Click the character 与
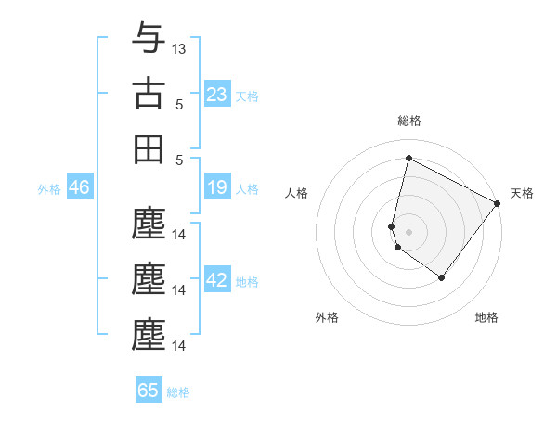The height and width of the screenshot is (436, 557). pos(149,40)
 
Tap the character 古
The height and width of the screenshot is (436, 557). pos(149,94)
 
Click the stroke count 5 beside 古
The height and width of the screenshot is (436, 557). pos(180,105)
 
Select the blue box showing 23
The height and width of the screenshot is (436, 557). pos(217,95)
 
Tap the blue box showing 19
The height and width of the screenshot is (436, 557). pos(217,188)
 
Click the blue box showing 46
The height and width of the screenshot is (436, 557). pos(79,188)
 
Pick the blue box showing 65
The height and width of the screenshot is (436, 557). pos(149,391)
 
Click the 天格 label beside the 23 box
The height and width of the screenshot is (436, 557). pos(247,96)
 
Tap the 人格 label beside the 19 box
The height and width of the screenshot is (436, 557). pos(247,189)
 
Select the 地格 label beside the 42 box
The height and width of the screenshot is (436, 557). pos(247,282)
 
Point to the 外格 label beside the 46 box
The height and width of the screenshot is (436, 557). pos(49,189)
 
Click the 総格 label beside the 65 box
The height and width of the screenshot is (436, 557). pos(178,392)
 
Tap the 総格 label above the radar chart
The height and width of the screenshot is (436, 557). pos(408,121)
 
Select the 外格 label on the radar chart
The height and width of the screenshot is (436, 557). pos(327,317)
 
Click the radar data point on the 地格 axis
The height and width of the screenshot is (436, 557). pos(442,277)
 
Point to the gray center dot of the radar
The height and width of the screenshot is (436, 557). pos(408,231)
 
